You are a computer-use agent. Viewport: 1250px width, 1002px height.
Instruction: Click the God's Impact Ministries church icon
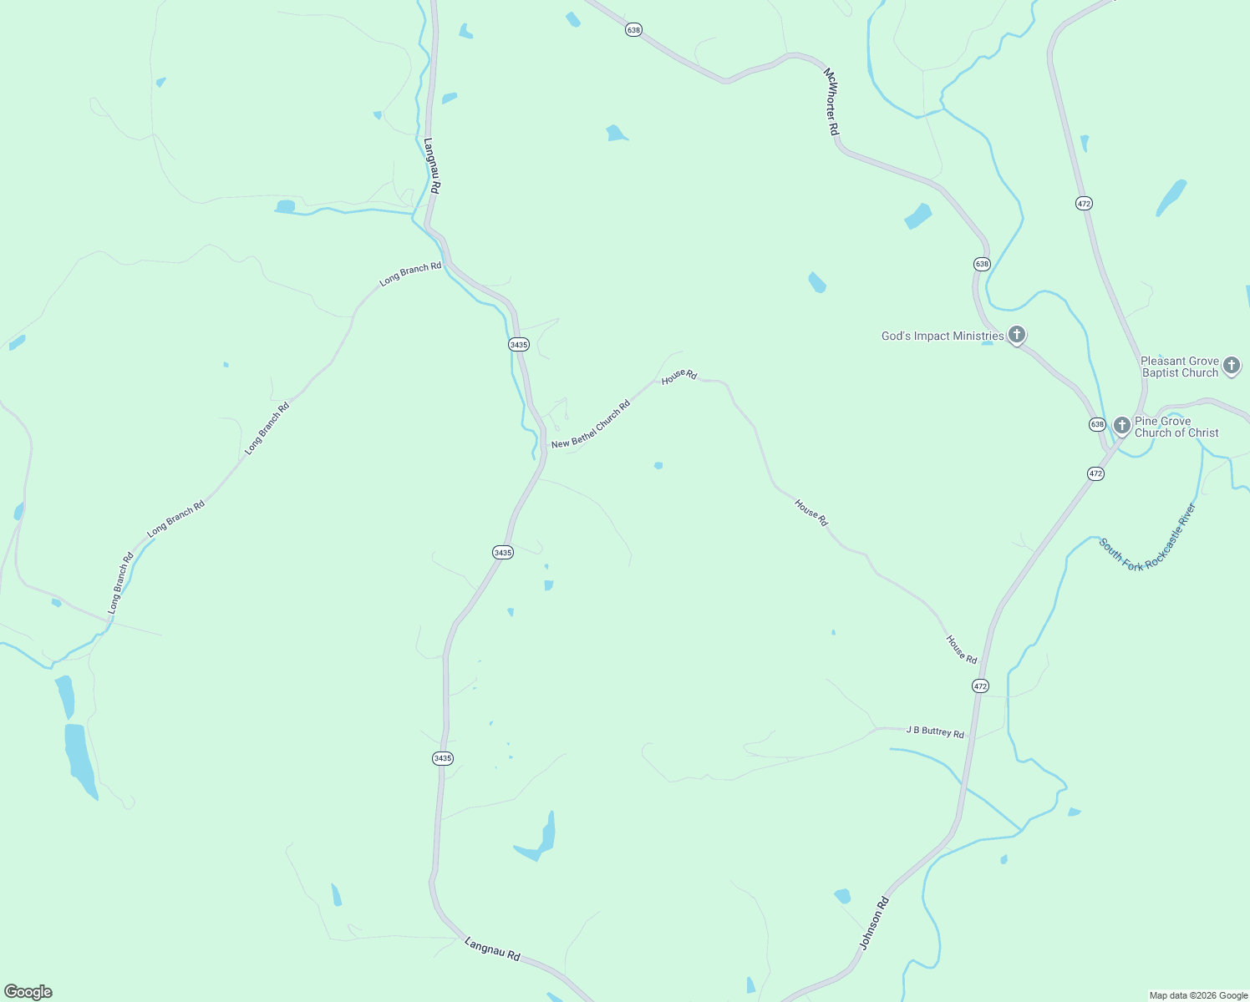tap(1016, 336)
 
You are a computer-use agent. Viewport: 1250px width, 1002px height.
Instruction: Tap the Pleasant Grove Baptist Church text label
tap(1180, 367)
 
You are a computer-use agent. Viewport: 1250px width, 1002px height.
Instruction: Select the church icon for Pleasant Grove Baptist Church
tap(1231, 365)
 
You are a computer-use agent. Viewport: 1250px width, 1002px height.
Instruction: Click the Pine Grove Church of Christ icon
tap(1121, 425)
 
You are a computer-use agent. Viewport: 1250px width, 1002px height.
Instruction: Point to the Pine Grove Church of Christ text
tap(1176, 428)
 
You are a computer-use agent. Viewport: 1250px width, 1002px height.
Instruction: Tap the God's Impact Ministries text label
tap(943, 337)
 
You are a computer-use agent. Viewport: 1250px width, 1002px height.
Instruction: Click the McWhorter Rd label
tap(831, 102)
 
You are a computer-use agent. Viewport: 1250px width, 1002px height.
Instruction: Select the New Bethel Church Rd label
tap(591, 425)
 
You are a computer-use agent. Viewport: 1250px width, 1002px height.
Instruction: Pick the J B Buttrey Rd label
tap(935, 732)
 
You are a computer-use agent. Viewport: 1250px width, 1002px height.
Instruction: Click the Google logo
tap(28, 992)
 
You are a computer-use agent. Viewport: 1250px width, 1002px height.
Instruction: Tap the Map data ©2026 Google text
tap(1198, 995)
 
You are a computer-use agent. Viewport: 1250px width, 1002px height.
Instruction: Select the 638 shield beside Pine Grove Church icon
tap(1097, 424)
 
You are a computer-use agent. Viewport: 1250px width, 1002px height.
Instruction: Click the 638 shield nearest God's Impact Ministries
tap(982, 264)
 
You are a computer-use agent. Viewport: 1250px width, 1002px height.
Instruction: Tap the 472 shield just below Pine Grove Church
tap(1095, 473)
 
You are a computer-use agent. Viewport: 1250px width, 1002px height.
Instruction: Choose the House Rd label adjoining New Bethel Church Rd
tap(679, 376)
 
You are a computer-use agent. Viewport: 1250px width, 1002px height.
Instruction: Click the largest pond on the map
tap(80, 759)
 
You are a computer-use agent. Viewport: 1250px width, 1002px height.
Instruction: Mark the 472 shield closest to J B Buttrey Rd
tap(980, 686)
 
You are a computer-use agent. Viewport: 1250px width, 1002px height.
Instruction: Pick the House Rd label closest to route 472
tap(961, 650)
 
